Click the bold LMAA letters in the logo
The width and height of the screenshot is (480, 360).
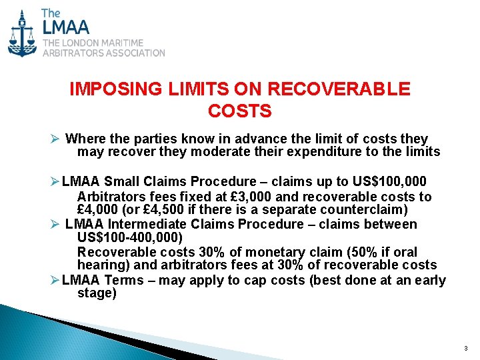coord(65,29)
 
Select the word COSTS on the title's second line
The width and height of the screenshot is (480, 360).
coord(240,111)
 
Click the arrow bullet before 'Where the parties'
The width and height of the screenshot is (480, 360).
coord(55,139)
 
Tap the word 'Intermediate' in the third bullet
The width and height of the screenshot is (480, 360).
coord(145,224)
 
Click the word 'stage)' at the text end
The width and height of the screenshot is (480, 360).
coord(97,293)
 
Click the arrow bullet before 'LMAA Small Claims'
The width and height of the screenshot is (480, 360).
coord(55,181)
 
